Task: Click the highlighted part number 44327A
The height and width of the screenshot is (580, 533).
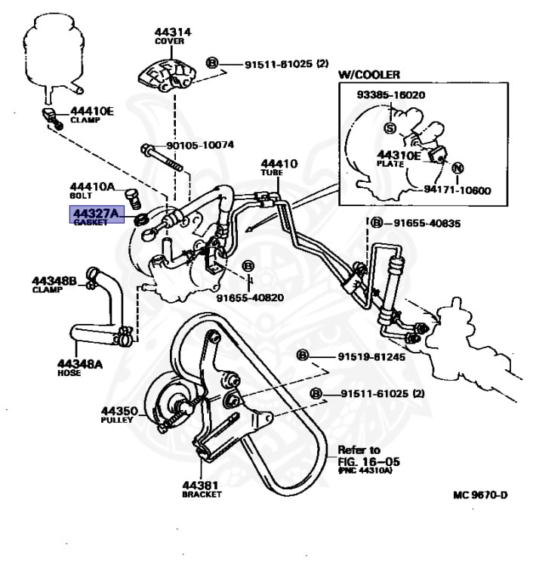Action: pyautogui.click(x=94, y=215)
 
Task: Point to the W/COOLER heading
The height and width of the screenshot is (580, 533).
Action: pyautogui.click(x=368, y=75)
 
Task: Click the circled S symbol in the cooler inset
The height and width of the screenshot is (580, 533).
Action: pyautogui.click(x=390, y=128)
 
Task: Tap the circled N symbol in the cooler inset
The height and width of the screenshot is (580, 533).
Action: pyautogui.click(x=458, y=168)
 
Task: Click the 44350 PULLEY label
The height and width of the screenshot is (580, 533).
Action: pyautogui.click(x=119, y=415)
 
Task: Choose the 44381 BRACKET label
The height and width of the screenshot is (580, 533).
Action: pyautogui.click(x=202, y=489)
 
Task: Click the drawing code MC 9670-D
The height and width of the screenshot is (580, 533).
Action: pyautogui.click(x=480, y=495)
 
